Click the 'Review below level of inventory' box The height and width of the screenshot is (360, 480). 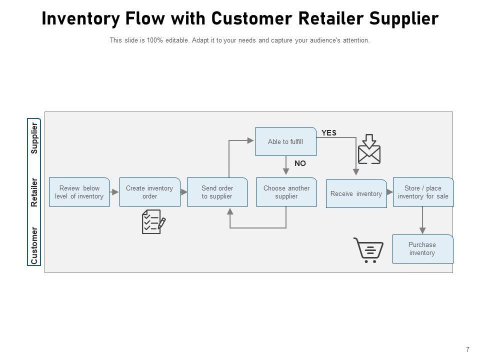79,192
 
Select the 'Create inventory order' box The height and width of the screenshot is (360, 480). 149,192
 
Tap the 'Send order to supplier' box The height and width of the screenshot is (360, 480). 217,192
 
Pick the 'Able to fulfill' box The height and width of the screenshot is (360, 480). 285,141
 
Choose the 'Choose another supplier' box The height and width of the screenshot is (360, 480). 286,192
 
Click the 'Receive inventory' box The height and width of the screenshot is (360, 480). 356,193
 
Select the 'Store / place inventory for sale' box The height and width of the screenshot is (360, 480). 423,192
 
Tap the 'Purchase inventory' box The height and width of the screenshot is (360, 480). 422,248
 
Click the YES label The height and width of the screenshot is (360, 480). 329,133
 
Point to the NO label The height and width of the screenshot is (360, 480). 300,163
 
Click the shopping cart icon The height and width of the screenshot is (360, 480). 369,250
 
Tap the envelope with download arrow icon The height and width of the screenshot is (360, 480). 369,149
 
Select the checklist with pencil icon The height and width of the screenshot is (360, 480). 153,221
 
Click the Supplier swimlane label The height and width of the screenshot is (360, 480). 34,138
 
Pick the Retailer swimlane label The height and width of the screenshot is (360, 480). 34,192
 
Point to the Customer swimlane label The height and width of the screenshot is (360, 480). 34,245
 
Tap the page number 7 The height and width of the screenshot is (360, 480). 467,350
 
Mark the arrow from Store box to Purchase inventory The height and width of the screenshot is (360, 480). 423,220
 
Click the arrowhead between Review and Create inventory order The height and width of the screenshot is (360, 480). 115,192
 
